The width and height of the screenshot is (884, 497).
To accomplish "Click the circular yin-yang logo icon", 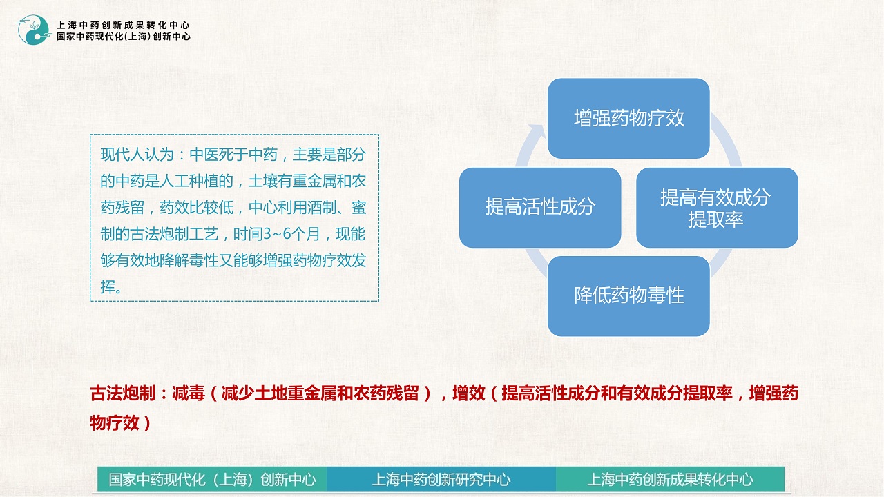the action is pyautogui.click(x=34, y=30).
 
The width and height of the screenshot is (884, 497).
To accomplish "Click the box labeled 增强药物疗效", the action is pyautogui.click(x=628, y=118).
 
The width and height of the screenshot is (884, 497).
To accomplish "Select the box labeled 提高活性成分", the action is pyautogui.click(x=540, y=208).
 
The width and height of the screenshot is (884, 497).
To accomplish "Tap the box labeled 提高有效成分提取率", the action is pyautogui.click(x=717, y=208).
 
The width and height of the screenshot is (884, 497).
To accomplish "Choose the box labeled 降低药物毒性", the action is pyautogui.click(x=628, y=296).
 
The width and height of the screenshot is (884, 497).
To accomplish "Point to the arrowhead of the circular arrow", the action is pyautogui.click(x=537, y=131).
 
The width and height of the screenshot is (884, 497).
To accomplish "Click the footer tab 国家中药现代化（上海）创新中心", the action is pyautogui.click(x=212, y=479).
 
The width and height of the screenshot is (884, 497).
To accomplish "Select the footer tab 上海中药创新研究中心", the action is pyautogui.click(x=441, y=479).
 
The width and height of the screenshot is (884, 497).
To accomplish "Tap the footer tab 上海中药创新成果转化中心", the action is pyautogui.click(x=670, y=479).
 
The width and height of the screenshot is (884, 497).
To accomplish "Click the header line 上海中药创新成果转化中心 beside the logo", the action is pyautogui.click(x=123, y=26).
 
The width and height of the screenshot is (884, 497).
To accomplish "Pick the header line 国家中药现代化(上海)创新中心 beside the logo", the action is pyautogui.click(x=123, y=37).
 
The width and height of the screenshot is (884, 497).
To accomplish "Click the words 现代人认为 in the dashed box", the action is pyautogui.click(x=137, y=155).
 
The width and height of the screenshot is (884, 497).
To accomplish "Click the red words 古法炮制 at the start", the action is pyautogui.click(x=122, y=393).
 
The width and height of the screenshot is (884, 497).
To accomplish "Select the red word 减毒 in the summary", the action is pyautogui.click(x=189, y=393).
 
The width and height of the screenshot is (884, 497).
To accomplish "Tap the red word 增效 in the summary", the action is pyautogui.click(x=468, y=393).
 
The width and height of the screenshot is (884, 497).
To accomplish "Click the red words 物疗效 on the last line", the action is pyautogui.click(x=115, y=423).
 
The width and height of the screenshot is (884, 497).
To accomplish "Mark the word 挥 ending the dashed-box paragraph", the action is pyautogui.click(x=108, y=287).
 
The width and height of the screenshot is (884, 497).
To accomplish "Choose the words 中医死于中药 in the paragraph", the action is pyautogui.click(x=233, y=155).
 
